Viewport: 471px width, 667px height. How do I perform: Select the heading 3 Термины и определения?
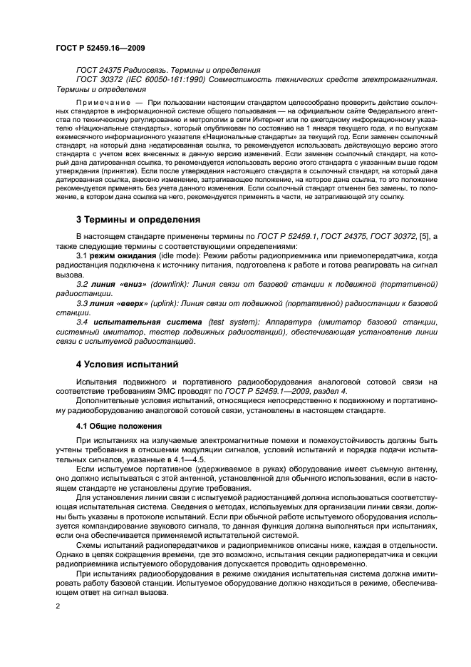138,219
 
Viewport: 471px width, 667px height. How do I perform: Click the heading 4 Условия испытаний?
127,365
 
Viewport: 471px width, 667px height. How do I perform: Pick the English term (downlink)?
164,283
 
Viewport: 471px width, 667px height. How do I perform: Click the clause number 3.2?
83,283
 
